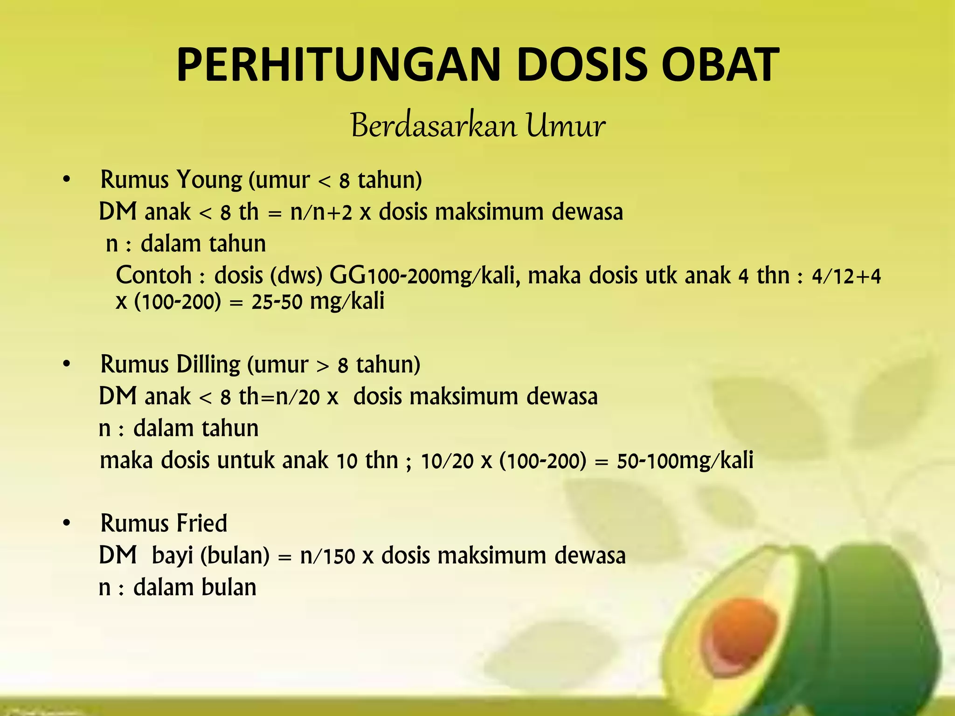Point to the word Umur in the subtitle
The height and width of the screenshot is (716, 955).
(566, 126)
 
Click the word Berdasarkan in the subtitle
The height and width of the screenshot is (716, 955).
(434, 126)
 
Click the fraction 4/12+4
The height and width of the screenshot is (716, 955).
(846, 276)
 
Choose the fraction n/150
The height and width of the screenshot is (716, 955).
(327, 556)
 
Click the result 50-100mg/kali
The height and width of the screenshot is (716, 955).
(685, 461)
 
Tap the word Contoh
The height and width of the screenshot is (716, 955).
(154, 275)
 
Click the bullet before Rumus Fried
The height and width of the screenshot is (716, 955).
(67, 523)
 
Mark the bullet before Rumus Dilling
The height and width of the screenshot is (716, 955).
(67, 365)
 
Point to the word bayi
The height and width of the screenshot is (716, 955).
(172, 556)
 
